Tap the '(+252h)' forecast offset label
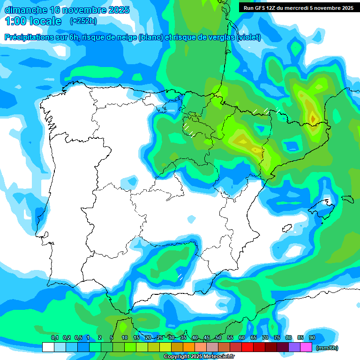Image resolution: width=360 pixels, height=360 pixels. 83,21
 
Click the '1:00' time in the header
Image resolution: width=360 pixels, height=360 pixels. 16,21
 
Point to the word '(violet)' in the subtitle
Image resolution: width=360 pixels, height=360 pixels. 249,37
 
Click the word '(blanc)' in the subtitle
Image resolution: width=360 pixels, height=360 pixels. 151,37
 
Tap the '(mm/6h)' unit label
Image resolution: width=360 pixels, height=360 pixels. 327,348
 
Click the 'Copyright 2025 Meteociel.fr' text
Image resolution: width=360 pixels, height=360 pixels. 199,357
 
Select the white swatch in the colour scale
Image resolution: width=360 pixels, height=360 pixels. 48,347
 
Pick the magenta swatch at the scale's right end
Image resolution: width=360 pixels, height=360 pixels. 306,347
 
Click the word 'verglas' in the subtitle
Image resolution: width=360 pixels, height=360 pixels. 223,37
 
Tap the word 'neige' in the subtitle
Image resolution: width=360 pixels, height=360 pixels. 127,37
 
